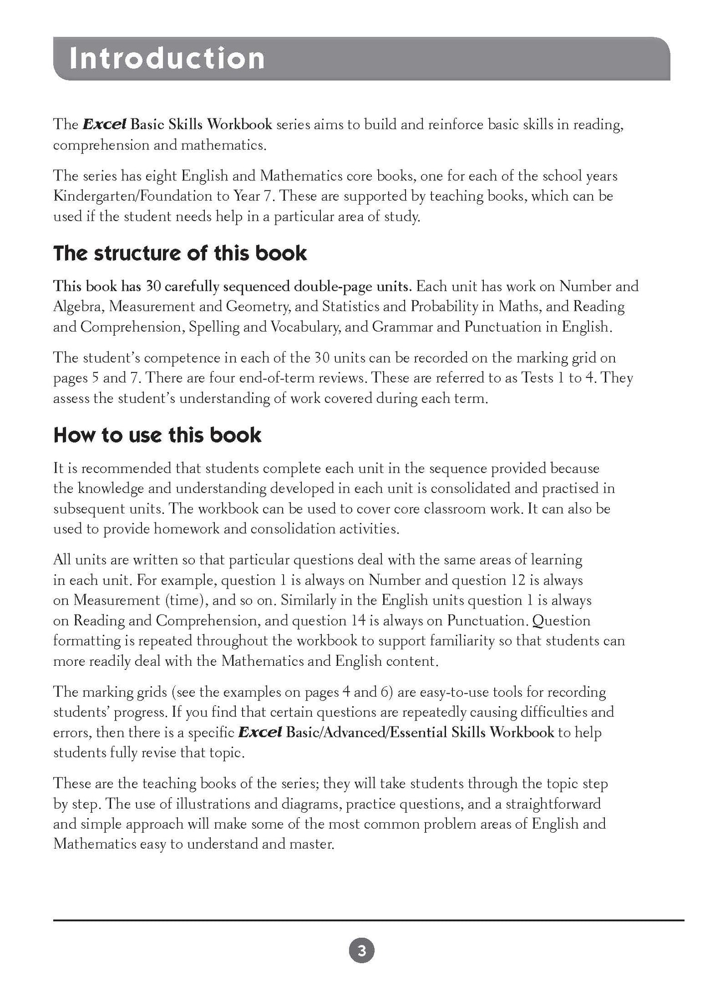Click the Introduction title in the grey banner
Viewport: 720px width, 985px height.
click(x=167, y=59)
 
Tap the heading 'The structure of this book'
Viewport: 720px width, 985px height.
click(x=180, y=253)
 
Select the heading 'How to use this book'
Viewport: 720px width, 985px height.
click(x=157, y=435)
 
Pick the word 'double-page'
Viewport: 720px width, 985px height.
click(x=337, y=286)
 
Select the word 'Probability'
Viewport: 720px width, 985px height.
click(x=444, y=307)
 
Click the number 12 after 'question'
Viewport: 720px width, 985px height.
click(x=513, y=580)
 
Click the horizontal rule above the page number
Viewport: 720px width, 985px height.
click(x=368, y=920)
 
